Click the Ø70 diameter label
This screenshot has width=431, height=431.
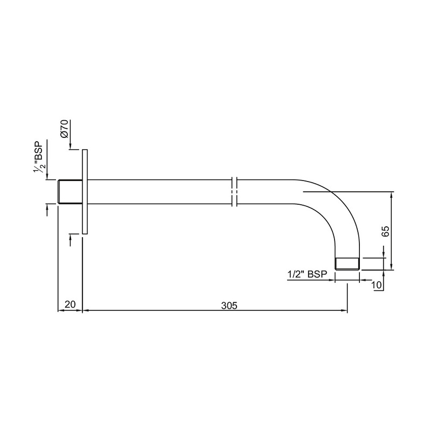64,129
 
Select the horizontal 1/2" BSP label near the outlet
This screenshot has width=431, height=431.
308,274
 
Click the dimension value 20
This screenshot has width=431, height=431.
69,305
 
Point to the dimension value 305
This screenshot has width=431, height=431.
229,305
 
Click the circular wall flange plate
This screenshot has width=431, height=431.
85,191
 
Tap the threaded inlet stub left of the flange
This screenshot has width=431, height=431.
69,191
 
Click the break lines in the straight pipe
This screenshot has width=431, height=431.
235,191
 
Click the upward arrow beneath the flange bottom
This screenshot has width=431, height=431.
71,238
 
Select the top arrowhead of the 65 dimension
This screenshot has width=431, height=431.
392,195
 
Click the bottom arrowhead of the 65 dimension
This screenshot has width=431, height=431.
392,265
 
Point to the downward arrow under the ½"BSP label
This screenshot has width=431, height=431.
47,175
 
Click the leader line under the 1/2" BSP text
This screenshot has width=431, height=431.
312,280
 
